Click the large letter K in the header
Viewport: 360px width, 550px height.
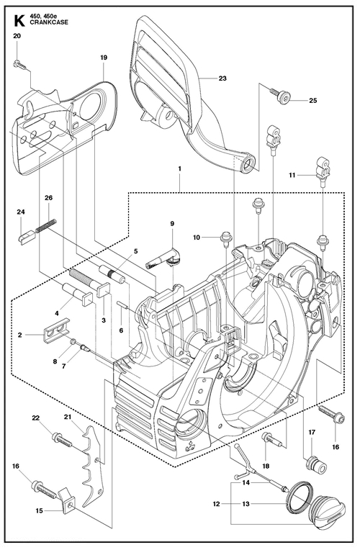(19, 20)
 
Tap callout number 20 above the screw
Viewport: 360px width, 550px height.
(17, 36)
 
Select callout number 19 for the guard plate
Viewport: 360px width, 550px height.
(104, 58)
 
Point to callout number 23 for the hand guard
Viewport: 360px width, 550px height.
(222, 78)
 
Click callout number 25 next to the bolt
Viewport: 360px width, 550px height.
(313, 101)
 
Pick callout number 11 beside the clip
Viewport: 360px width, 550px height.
(292, 175)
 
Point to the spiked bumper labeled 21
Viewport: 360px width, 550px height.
(94, 465)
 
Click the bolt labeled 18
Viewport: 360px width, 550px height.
(271, 439)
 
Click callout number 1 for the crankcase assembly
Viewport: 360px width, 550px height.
(180, 168)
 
